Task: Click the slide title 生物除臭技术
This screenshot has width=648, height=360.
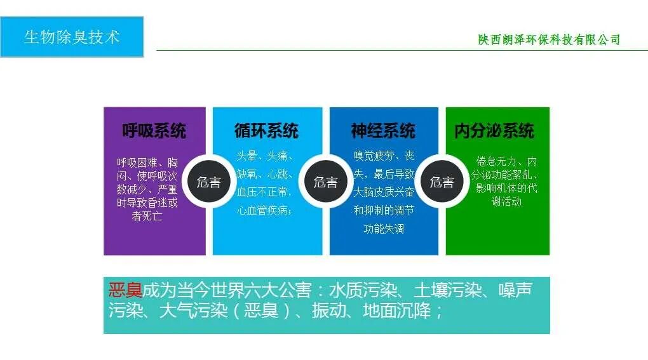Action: coord(72,37)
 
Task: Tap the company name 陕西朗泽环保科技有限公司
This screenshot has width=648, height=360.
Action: coord(549,40)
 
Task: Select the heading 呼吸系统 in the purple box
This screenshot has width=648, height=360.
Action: coord(154,131)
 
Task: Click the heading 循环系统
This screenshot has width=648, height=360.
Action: coord(266,131)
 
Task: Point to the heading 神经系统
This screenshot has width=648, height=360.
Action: coord(383,131)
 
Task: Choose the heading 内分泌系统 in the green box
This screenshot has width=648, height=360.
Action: coord(494,131)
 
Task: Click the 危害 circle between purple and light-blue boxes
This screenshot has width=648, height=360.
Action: coord(208,183)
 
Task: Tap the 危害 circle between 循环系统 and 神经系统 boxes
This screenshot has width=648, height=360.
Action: coord(325,183)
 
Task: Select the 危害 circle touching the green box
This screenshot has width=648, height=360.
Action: coord(442,183)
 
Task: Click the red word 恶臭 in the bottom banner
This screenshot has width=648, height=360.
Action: coord(125,291)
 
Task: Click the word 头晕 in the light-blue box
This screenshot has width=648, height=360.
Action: coord(248,156)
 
